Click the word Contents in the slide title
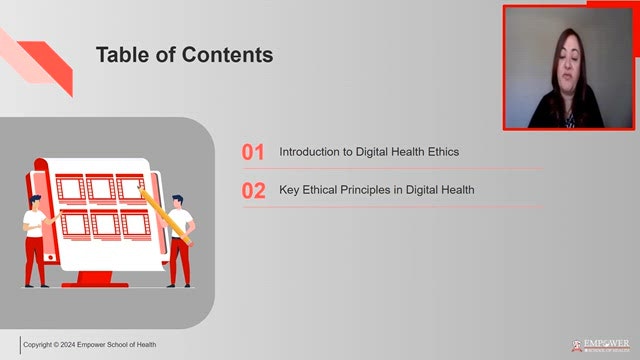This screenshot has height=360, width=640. click(x=227, y=55)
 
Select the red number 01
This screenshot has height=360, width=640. click(x=253, y=152)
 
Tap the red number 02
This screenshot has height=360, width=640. click(x=253, y=190)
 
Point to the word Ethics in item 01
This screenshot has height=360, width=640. click(x=443, y=152)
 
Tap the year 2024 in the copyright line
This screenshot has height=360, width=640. click(x=68, y=344)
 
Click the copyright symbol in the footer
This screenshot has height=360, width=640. click(x=56, y=344)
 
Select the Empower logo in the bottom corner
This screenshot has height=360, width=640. click(x=601, y=345)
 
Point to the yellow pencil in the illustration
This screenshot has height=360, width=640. click(x=165, y=216)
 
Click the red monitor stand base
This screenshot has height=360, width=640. click(x=95, y=284)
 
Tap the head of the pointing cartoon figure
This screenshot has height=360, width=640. click(x=35, y=202)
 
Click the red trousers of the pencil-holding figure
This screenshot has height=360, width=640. click(x=180, y=260)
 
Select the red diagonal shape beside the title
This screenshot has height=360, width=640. click(x=48, y=64)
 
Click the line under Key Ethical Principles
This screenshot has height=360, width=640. click(x=393, y=207)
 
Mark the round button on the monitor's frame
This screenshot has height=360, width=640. click(x=51, y=258)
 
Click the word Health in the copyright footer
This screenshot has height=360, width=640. click(x=146, y=344)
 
